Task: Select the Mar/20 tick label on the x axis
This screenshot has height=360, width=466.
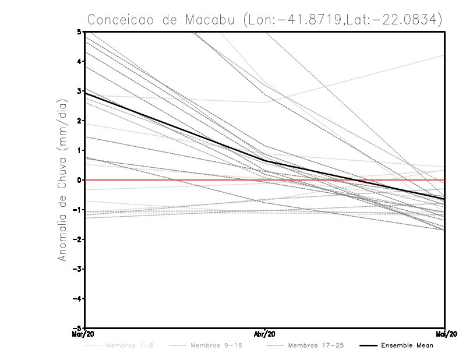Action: (85, 334)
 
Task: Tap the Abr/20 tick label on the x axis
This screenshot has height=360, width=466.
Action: (265, 334)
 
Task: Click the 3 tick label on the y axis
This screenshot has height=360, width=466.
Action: (79, 91)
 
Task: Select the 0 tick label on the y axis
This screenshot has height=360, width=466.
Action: (79, 180)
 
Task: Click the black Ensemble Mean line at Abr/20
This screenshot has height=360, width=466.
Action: (265, 160)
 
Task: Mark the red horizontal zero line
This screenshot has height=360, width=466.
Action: (175, 180)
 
